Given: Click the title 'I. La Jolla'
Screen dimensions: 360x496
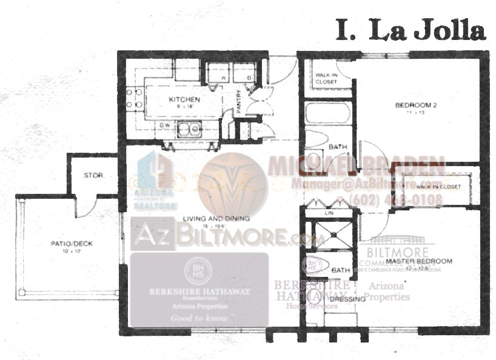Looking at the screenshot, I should (x=411, y=30).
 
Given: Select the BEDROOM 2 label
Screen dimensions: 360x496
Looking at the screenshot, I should (x=416, y=105).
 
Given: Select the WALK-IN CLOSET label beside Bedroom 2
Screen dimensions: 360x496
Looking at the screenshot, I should (x=326, y=78).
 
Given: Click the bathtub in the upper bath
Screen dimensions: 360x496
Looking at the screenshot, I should (x=327, y=114).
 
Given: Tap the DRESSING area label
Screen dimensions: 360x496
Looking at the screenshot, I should (x=347, y=299).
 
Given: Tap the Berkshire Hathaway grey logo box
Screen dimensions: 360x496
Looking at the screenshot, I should (x=199, y=290).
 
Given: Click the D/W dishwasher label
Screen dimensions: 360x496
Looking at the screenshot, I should (x=164, y=125).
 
